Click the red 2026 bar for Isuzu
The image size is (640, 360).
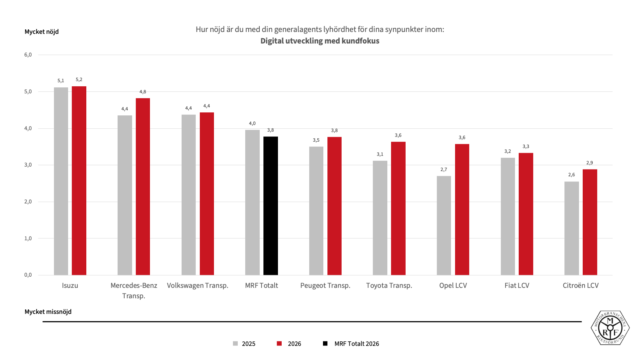click(x=79, y=181)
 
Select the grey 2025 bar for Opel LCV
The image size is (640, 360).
click(x=444, y=225)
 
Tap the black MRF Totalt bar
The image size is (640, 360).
click(x=271, y=206)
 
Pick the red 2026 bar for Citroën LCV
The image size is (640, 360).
click(x=590, y=222)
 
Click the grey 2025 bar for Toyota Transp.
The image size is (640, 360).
click(x=380, y=218)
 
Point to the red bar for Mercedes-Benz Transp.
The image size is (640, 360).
click(x=143, y=187)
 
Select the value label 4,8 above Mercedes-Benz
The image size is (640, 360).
click(x=143, y=92)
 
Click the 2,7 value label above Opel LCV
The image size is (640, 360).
click(x=444, y=170)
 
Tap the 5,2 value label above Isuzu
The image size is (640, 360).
click(x=79, y=80)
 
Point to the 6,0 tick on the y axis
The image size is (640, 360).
click(x=28, y=55)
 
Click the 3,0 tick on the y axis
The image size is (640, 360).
click(x=28, y=165)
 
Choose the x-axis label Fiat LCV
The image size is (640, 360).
click(x=517, y=286)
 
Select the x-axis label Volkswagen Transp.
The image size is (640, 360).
click(x=198, y=286)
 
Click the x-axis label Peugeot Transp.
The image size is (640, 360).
click(x=325, y=286)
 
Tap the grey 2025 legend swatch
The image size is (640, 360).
click(x=235, y=344)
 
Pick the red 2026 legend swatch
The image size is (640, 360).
click(x=279, y=344)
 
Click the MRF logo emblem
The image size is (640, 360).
click(x=610, y=328)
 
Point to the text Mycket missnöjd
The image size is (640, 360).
click(x=48, y=312)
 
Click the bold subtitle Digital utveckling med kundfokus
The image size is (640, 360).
click(x=320, y=41)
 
